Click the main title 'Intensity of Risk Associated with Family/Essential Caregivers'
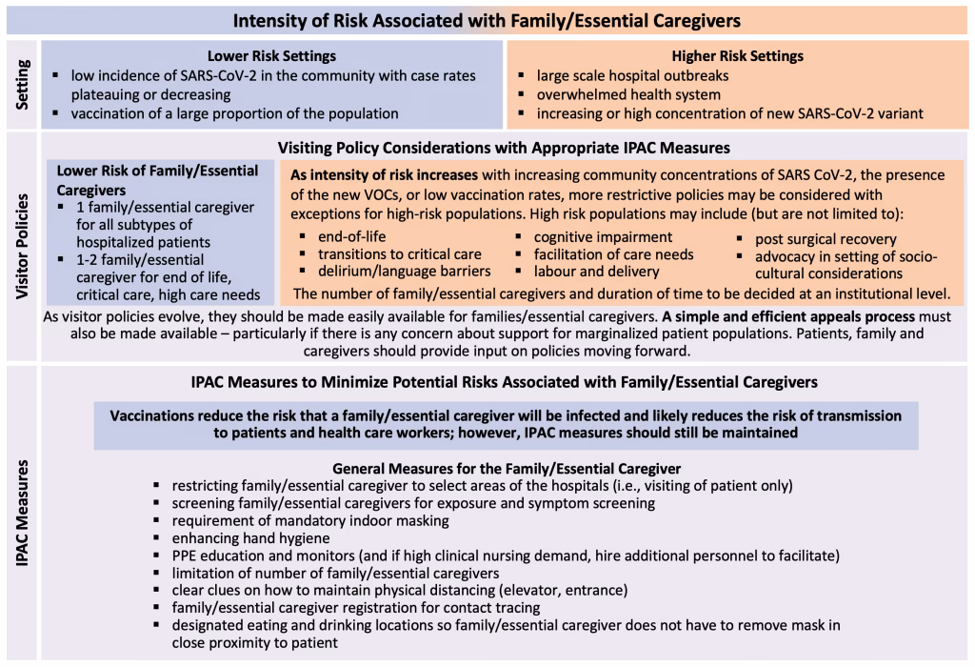(487, 19)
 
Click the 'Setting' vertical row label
(21, 84)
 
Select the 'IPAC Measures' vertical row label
(21, 515)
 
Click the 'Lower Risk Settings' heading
(271, 55)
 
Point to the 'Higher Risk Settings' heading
(737, 55)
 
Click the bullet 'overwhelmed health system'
(628, 94)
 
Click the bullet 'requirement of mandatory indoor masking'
(310, 520)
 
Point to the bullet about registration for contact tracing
(355, 607)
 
